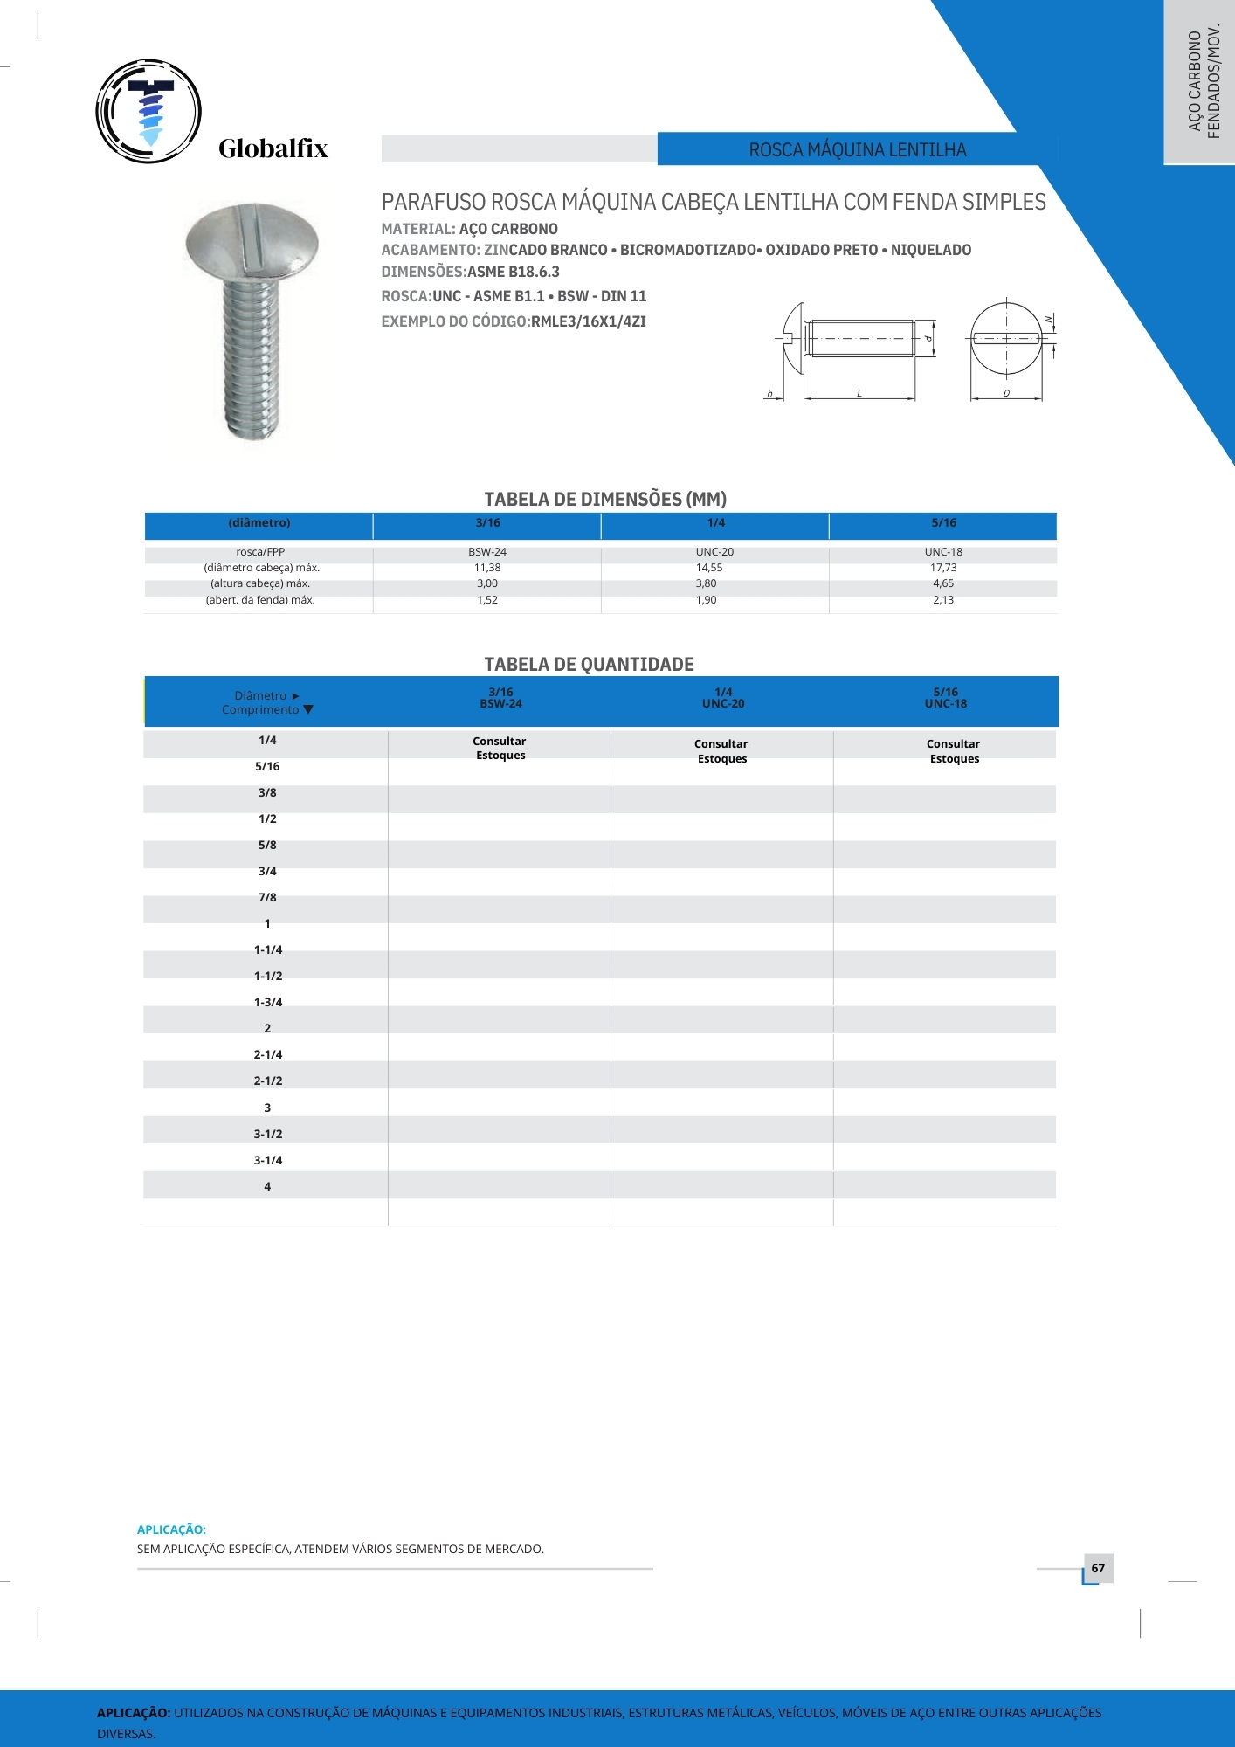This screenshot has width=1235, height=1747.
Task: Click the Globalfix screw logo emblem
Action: click(x=148, y=112)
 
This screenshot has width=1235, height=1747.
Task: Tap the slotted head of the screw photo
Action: click(x=252, y=242)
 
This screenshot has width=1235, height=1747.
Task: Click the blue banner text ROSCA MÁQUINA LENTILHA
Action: click(x=857, y=150)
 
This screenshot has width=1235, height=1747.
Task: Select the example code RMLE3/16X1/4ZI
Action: click(x=589, y=321)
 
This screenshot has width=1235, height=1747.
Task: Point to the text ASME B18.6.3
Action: click(x=514, y=272)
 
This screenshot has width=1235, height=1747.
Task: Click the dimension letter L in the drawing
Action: click(x=859, y=394)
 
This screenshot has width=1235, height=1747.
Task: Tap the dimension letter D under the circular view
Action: click(x=1006, y=394)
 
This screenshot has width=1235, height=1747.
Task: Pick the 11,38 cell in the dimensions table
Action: click(x=487, y=568)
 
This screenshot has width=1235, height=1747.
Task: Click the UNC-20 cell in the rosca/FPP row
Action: click(x=714, y=552)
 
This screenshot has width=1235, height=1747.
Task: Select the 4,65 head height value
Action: click(x=943, y=583)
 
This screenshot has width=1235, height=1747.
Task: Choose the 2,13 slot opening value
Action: click(x=943, y=600)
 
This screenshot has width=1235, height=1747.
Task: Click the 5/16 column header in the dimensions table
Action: click(x=943, y=523)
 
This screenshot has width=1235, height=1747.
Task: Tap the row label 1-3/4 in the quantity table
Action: click(x=268, y=1002)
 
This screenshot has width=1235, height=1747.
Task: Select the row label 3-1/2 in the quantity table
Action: click(x=268, y=1134)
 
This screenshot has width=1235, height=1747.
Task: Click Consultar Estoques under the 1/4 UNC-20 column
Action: click(x=721, y=751)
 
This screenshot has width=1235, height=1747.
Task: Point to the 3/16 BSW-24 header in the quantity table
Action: click(x=500, y=698)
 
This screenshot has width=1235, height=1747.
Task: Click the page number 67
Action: click(x=1098, y=1568)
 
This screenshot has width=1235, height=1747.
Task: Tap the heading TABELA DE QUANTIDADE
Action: click(x=589, y=665)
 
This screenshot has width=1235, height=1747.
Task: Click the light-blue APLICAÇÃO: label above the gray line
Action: click(x=171, y=1529)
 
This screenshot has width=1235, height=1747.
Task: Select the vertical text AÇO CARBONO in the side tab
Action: click(x=1195, y=81)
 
